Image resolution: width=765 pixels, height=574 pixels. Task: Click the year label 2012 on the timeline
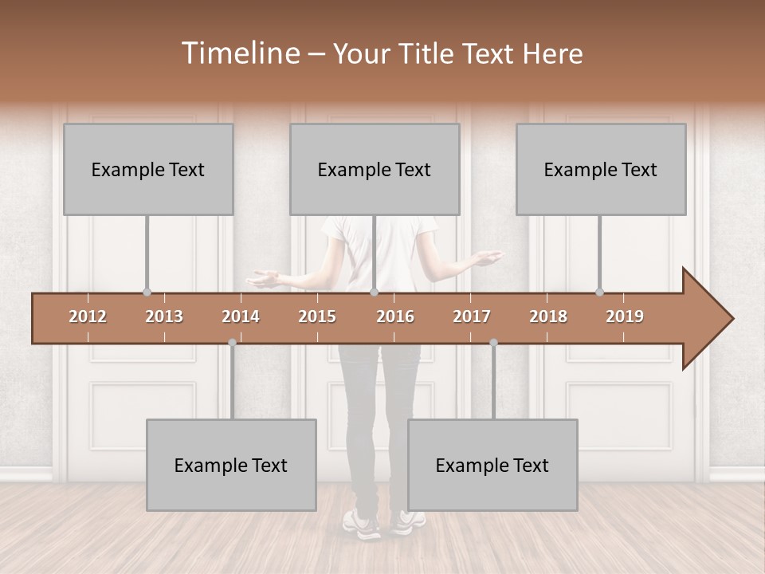point(88,316)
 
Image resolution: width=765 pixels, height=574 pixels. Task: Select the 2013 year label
point(164,316)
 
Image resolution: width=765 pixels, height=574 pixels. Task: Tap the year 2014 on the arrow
point(241,316)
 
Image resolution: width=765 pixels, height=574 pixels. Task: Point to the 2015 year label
point(317,316)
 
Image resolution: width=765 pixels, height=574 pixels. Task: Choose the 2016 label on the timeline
point(395,316)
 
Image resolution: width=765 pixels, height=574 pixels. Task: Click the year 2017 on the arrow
point(472,316)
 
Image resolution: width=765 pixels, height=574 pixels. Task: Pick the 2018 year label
point(548,316)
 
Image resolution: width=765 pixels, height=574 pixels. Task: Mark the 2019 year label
point(625,316)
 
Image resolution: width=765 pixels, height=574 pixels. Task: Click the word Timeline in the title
point(239,53)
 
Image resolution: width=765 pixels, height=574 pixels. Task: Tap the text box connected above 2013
point(148,169)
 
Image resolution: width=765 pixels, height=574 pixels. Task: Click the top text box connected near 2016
point(375,169)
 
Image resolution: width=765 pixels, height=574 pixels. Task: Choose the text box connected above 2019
point(601,169)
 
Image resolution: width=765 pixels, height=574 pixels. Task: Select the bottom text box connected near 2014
point(231,465)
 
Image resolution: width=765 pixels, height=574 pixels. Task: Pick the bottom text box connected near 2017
point(492,465)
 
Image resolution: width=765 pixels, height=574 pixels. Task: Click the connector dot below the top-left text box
point(147,292)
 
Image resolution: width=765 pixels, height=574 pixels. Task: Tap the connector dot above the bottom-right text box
point(493,343)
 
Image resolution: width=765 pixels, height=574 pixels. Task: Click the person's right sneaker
point(408,522)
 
